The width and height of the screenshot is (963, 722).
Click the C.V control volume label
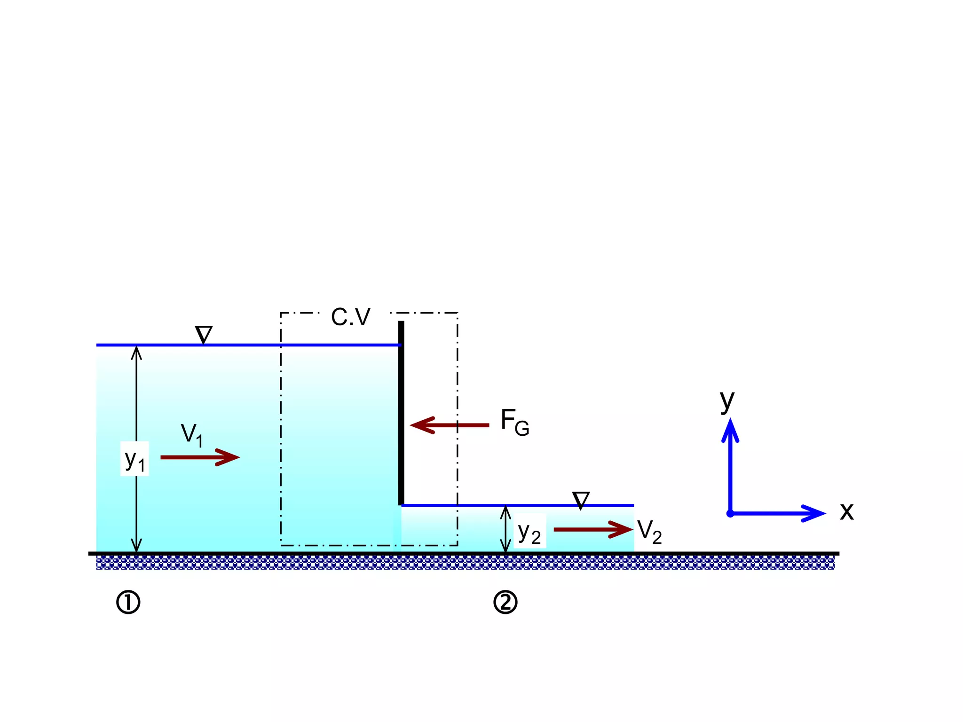(351, 317)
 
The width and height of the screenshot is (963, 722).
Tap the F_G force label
(515, 422)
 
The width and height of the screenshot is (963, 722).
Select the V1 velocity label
(192, 435)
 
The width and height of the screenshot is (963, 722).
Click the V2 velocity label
(649, 532)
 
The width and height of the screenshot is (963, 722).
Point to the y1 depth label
(135, 460)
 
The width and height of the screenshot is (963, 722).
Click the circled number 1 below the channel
(128, 603)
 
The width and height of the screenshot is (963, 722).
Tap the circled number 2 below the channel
(505, 603)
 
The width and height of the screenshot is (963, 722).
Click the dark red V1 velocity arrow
(200, 457)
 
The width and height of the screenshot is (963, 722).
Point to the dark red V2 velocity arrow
(593, 529)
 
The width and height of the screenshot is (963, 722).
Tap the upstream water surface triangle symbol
(204, 334)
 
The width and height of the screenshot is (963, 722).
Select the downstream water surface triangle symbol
(581, 500)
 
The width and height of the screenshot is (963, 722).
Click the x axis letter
(846, 511)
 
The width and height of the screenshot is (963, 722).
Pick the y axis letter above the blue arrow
(727, 401)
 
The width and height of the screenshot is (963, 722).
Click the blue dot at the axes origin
(730, 513)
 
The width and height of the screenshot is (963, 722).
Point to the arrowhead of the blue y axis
(730, 430)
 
